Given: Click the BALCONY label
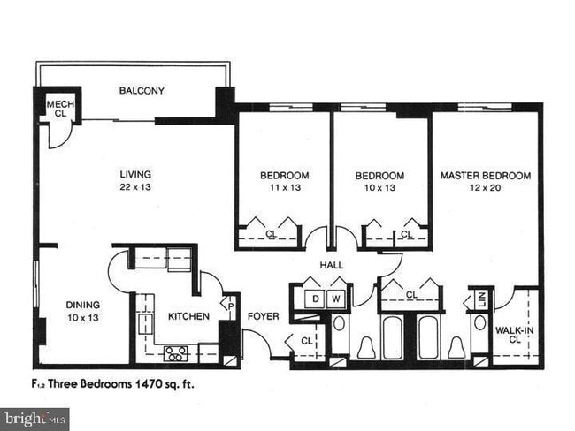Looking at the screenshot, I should [x=142, y=91].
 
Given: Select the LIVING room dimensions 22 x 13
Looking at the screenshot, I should [x=135, y=187].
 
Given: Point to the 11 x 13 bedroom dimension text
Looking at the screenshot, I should [x=284, y=188].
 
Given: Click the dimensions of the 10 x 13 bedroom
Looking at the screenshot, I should [x=379, y=188].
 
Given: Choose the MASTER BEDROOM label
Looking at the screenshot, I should [x=486, y=176].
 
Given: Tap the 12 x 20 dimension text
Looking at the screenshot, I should [x=486, y=188].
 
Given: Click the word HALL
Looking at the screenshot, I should [x=333, y=265].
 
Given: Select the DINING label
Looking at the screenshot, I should [x=83, y=306].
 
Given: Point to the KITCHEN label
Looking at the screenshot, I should [x=189, y=316].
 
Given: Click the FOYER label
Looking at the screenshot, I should [x=263, y=316].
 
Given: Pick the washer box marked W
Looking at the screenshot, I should [x=337, y=299].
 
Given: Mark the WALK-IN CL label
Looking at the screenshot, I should [x=513, y=334].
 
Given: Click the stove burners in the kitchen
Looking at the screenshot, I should [x=176, y=353].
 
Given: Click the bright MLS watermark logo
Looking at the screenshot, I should [x=34, y=419].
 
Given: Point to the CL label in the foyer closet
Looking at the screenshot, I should [x=306, y=340].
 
